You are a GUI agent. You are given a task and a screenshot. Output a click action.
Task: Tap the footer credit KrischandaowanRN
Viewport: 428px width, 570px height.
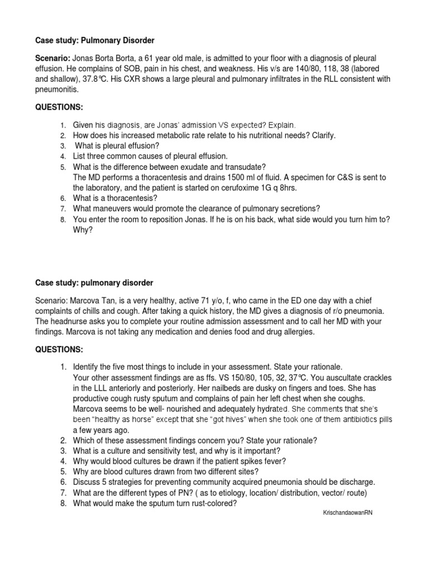click(344, 512)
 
